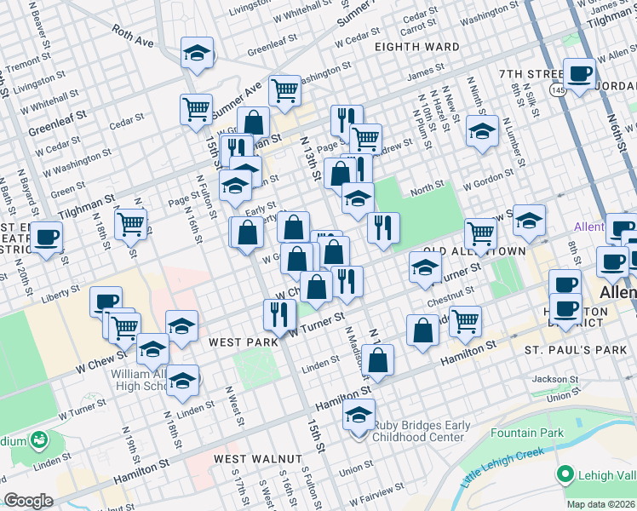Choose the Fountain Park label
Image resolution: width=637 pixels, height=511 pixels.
click(528, 433)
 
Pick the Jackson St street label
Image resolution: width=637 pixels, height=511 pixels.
click(548, 379)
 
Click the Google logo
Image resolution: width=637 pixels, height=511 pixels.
click(28, 501)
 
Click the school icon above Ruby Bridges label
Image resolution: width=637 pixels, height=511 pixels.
click(359, 416)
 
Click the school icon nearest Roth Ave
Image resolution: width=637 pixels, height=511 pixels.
click(197, 53)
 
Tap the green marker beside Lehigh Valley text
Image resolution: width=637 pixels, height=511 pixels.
click(564, 474)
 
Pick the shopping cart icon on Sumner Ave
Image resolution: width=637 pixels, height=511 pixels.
click(284, 89)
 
